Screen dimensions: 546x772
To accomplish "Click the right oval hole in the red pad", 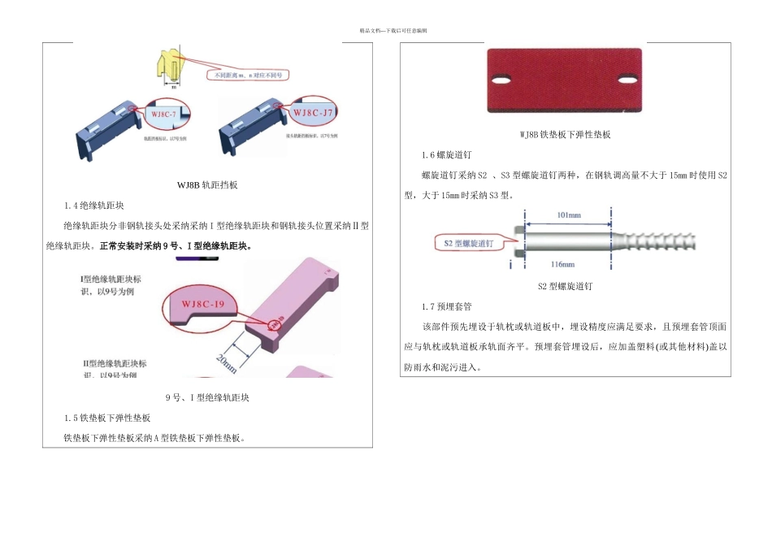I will tap(628, 81).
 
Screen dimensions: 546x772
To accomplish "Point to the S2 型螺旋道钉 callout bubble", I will tap(471, 243).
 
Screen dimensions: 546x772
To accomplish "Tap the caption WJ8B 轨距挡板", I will tap(207, 185).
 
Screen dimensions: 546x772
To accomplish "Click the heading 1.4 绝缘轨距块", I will tap(99, 206).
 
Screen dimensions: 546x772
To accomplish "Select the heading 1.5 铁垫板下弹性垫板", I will tap(107, 418).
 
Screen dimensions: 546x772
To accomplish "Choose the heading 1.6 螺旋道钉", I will tap(447, 155).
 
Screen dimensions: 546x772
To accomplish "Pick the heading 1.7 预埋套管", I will tap(447, 306).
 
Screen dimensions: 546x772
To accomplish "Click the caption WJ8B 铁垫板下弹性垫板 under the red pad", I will tap(564, 135).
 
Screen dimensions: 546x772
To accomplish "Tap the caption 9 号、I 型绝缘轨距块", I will tap(207, 398).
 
